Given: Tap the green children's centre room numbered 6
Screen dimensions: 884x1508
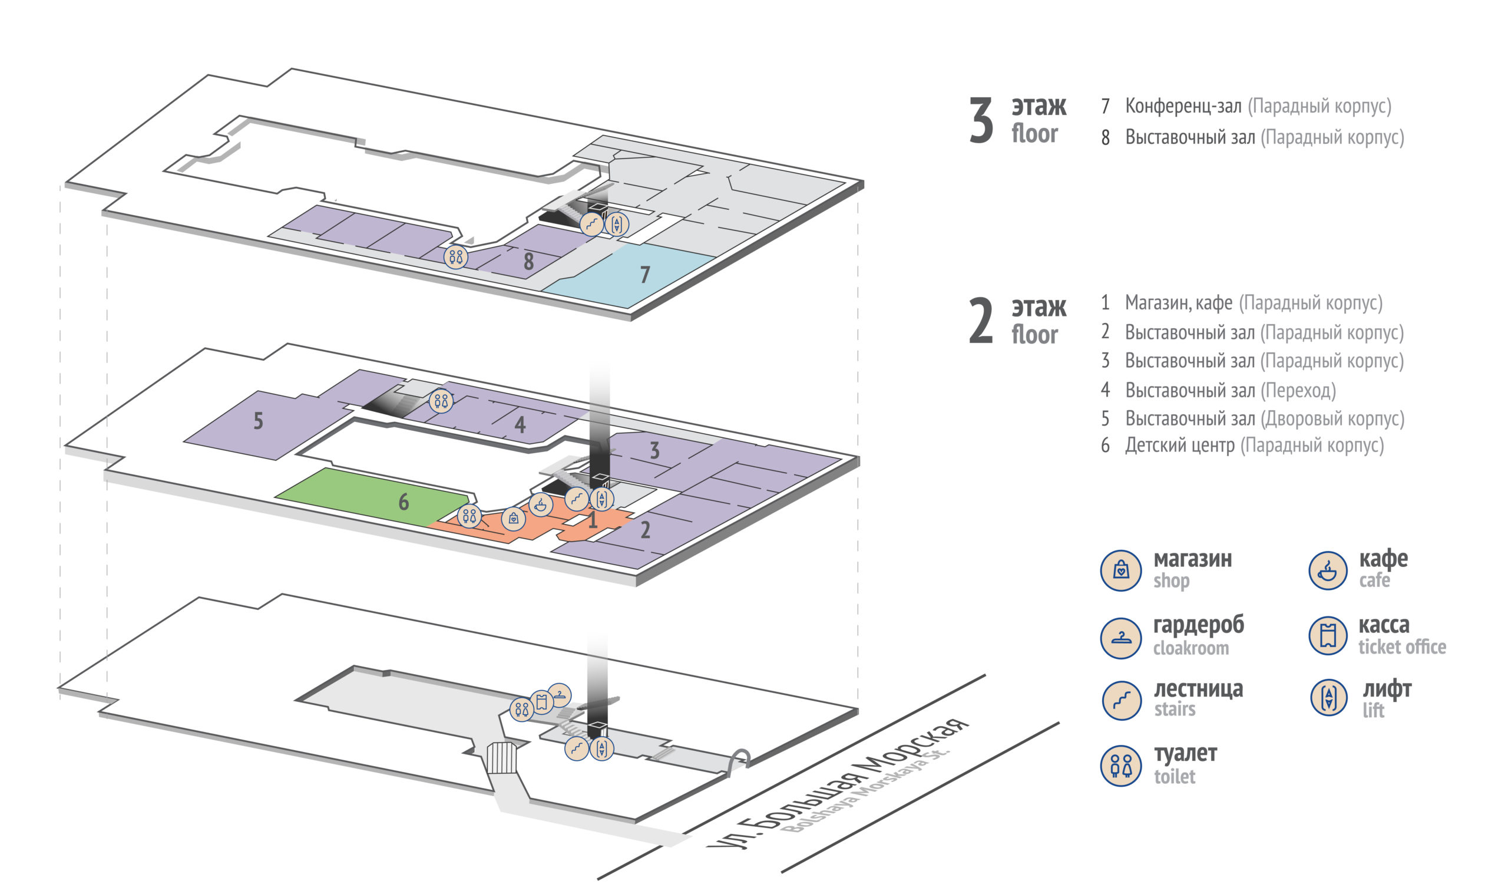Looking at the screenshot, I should [377, 497].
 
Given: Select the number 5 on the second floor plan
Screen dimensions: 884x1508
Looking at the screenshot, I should [258, 421].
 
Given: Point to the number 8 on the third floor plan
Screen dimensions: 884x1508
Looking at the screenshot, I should [528, 262].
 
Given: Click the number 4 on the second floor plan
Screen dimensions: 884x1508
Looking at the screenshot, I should [520, 425].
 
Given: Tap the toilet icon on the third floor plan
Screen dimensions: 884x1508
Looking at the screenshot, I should [456, 257].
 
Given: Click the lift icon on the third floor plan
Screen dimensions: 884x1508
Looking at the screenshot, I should [617, 225].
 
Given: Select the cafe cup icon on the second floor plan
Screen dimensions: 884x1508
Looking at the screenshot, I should [541, 504].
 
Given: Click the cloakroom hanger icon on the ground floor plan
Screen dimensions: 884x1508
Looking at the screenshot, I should [560, 695].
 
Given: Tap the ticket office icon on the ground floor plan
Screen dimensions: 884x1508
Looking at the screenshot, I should [541, 702].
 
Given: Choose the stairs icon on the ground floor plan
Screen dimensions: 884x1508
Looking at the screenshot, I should [577, 748].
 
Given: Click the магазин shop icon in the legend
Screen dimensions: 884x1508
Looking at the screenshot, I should [1121, 570].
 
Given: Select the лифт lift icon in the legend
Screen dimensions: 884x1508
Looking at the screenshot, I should [1328, 698].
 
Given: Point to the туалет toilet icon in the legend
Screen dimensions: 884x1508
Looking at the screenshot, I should [1121, 766].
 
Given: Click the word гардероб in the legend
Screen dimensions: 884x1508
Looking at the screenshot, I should [1199, 625].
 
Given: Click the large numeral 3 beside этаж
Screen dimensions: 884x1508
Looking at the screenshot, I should [981, 121].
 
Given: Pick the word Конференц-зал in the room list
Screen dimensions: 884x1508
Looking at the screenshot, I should [1183, 106].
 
